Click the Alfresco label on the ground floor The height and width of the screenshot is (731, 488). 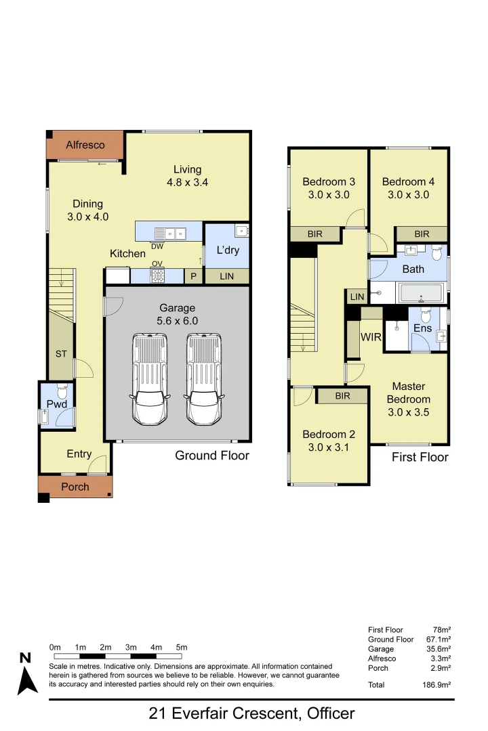[85, 145]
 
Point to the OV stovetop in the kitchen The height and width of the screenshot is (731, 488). [157, 275]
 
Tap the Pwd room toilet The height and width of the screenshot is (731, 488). [62, 391]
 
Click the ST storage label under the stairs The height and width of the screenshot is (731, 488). [60, 353]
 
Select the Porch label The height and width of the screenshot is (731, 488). [75, 487]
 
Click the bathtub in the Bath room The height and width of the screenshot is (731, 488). [422, 293]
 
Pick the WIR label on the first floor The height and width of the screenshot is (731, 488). [371, 336]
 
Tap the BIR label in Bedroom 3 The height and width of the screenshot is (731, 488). [314, 234]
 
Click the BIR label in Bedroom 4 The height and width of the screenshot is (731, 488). [422, 234]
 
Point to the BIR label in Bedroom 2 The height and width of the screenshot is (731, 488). [342, 396]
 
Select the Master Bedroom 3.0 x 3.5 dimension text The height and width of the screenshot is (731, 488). [408, 412]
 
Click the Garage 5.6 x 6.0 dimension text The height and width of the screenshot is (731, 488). [178, 321]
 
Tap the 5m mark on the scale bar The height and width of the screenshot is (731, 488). [181, 648]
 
